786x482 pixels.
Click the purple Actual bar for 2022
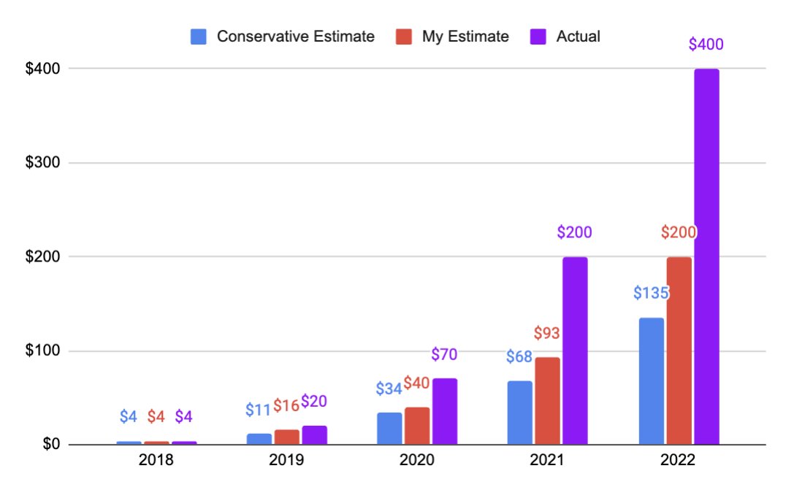[706, 256]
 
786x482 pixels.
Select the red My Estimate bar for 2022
[679, 351]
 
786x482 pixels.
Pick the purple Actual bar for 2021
[575, 351]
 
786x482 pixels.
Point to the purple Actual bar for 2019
[314, 435]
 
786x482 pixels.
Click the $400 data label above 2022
[706, 45]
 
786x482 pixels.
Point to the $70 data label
[444, 355]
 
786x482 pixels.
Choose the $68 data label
[519, 357]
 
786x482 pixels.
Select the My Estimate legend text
[465, 37]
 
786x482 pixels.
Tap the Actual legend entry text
[578, 37]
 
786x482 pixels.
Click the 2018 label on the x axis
[156, 461]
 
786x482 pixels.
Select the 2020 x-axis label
[417, 461]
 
